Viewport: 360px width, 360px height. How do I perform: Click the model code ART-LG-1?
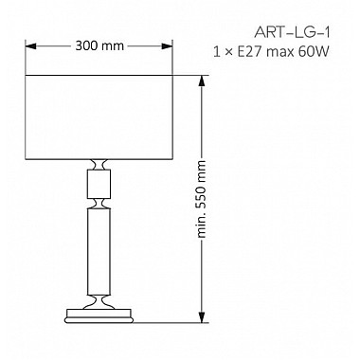[x=292, y=32]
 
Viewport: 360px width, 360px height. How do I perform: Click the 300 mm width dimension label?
[x=99, y=46]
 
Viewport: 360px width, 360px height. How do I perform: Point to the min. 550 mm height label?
[x=201, y=199]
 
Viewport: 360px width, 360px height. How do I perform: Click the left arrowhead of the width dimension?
[x=30, y=46]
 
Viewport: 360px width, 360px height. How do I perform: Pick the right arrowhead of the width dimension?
[x=167, y=46]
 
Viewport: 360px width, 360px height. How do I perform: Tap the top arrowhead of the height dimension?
[x=201, y=81]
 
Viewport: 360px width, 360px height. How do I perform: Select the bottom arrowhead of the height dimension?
[x=201, y=317]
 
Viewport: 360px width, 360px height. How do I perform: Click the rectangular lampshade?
[x=99, y=117]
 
